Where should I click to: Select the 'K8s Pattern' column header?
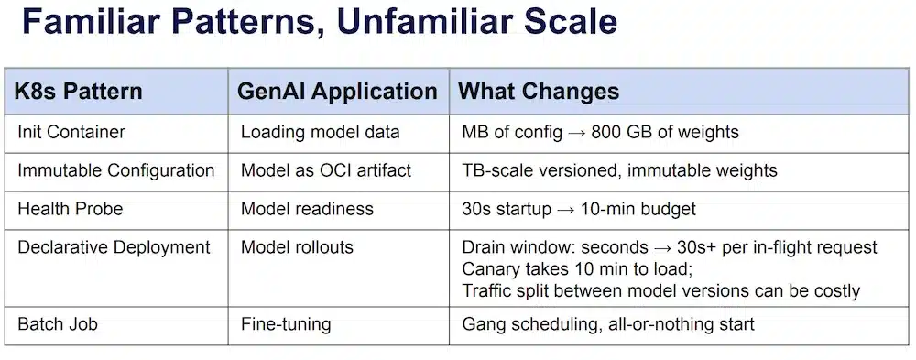(78, 92)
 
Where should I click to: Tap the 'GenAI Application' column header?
(337, 92)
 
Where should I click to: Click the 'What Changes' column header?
(539, 92)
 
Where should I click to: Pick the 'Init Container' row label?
(71, 132)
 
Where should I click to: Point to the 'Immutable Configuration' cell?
(115, 170)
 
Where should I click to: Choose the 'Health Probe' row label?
(70, 209)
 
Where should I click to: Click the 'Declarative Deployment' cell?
(114, 247)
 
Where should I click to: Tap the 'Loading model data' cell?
(320, 132)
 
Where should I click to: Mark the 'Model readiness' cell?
(307, 209)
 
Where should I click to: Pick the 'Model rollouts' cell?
(297, 247)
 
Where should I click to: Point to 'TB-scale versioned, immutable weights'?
(619, 170)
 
